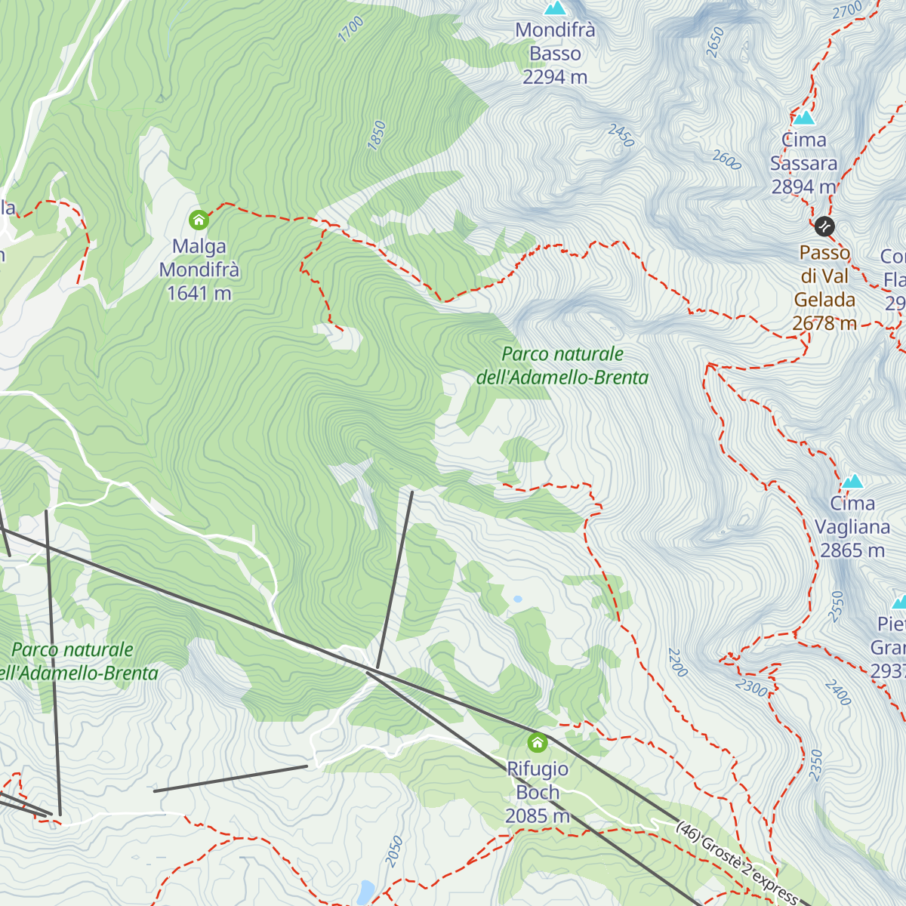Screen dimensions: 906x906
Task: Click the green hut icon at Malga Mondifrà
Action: [199, 220]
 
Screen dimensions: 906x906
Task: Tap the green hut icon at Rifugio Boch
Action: [538, 742]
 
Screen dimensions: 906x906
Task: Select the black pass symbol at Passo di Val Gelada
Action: [824, 226]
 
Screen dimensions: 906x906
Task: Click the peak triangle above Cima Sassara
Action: [804, 118]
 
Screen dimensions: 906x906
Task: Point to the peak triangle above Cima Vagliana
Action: [853, 481]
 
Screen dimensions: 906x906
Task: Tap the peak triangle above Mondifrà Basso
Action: [556, 8]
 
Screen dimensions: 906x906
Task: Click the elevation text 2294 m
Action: [555, 77]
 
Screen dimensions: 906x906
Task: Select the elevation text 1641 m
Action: [199, 293]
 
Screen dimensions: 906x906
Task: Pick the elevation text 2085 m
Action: [537, 816]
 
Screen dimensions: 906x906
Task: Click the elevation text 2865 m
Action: [852, 550]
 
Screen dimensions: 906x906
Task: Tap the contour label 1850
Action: [377, 136]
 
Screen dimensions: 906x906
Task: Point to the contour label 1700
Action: [351, 29]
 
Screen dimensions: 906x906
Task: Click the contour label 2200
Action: [677, 662]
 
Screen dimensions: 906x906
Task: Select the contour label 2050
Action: [394, 851]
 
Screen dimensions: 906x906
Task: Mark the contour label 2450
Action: [621, 136]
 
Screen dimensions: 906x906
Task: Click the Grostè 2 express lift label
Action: [736, 861]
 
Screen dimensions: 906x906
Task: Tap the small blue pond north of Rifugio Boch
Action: [517, 599]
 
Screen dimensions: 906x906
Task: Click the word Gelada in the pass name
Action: [824, 300]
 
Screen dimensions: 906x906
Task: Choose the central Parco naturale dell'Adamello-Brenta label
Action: [562, 365]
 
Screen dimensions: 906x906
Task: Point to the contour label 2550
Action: [836, 606]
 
